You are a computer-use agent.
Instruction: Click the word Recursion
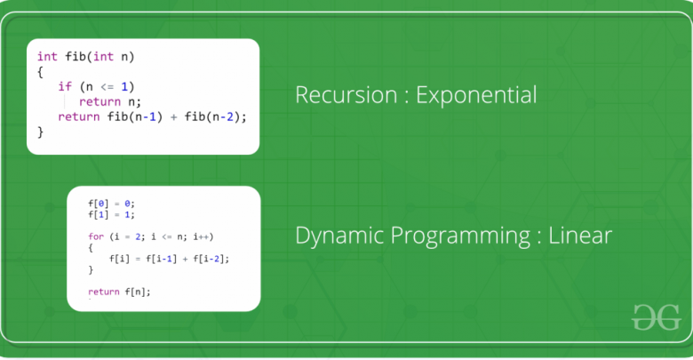(x=346, y=94)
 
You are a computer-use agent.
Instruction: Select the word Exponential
(x=476, y=95)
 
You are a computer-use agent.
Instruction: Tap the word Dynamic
(x=339, y=236)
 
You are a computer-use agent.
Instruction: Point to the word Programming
(x=460, y=236)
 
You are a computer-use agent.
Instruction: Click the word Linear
(x=580, y=235)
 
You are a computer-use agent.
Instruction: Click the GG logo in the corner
(x=656, y=317)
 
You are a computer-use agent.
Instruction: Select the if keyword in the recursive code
(x=65, y=86)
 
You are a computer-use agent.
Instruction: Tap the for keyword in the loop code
(x=96, y=236)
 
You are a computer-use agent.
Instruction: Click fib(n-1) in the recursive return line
(x=135, y=116)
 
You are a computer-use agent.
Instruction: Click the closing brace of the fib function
(x=40, y=132)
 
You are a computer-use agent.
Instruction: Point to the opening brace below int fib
(x=40, y=72)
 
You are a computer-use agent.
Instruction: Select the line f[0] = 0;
(x=111, y=204)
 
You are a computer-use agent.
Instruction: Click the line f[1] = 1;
(x=111, y=214)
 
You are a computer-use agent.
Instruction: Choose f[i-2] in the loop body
(x=209, y=259)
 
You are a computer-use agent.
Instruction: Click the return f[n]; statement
(x=119, y=292)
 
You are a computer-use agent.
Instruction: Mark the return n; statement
(x=110, y=101)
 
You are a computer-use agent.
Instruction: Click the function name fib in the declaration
(x=76, y=57)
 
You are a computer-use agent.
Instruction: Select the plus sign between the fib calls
(x=173, y=117)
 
